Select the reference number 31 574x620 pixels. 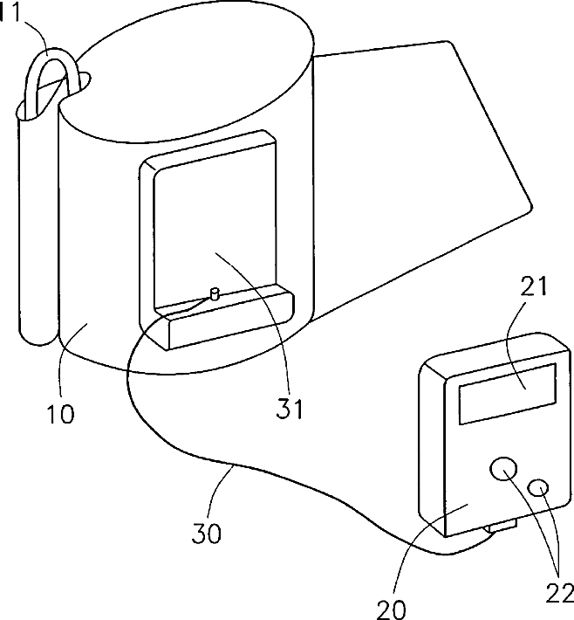coord(288,407)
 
